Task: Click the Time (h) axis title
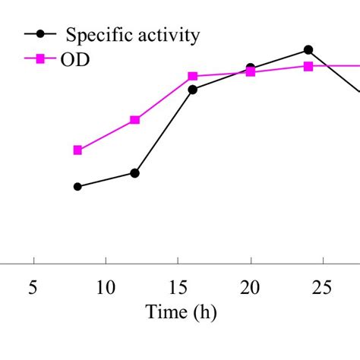pos(178,311)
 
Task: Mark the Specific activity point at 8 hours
pos(77,186)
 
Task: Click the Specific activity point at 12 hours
pos(135,173)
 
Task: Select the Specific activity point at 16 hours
pos(193,90)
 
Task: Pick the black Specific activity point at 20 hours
pos(251,68)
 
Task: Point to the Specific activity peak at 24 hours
pos(308,49)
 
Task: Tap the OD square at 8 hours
pos(77,150)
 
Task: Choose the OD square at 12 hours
pos(135,120)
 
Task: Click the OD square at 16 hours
pos(193,76)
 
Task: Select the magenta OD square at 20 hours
pos(251,73)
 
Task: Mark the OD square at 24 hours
pos(308,66)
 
